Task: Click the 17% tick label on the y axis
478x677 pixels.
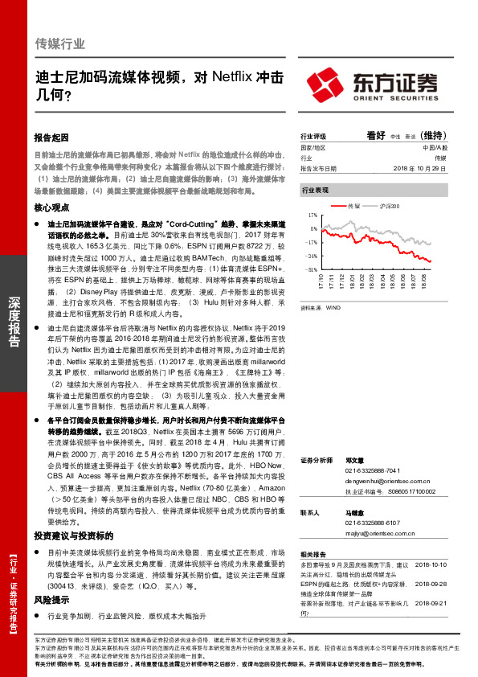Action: pyautogui.click(x=313, y=216)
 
